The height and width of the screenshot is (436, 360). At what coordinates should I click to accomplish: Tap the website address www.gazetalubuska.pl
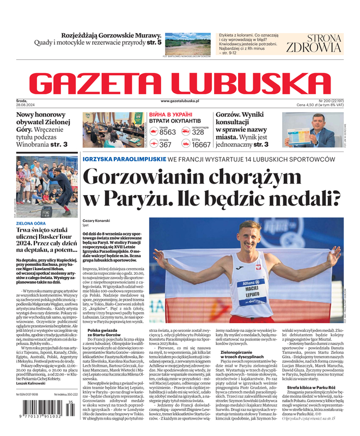[180, 101]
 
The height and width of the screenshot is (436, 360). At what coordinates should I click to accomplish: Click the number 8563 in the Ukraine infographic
[167, 132]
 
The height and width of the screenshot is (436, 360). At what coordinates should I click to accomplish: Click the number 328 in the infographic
[198, 132]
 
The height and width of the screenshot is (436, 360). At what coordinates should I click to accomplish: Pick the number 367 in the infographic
[165, 144]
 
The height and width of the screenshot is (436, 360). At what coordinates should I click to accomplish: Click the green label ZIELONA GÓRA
[30, 223]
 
